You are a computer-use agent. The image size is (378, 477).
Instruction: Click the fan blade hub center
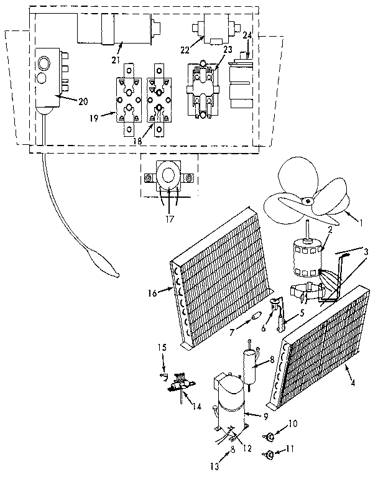tap(307, 200)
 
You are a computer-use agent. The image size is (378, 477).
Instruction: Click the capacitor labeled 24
tap(239, 85)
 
